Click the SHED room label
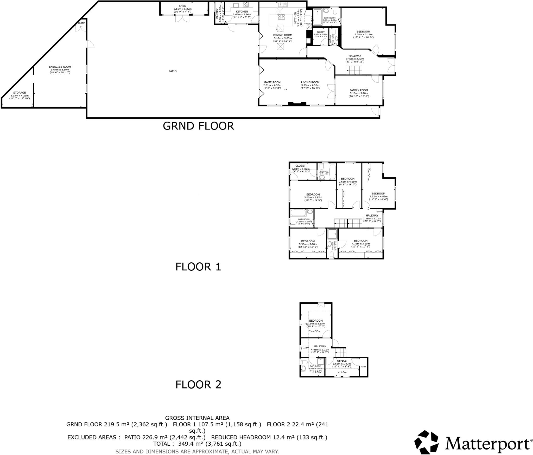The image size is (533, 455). point(182,6)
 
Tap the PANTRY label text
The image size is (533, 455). point(217,14)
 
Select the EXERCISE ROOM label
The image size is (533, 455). point(60,67)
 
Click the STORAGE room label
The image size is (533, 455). point(20,93)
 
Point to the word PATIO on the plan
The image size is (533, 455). point(173,71)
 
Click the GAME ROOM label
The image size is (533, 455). point(272,82)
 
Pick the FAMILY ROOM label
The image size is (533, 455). point(359,90)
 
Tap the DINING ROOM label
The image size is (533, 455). point(282,35)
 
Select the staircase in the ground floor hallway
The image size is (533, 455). point(354,70)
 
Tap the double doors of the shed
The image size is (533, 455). point(182,18)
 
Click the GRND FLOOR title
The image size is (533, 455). point(198,126)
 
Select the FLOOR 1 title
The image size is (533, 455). point(198,267)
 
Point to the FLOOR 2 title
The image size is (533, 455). point(198,385)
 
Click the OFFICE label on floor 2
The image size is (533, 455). point(341,361)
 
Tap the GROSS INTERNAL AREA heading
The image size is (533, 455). point(197,418)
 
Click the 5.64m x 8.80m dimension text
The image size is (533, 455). point(60,70)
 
